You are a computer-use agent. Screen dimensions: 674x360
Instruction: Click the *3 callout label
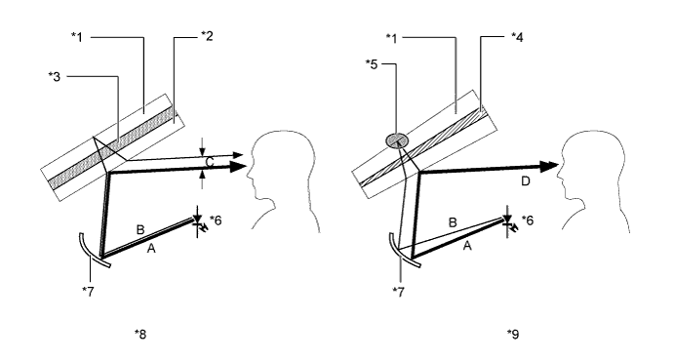click(55, 77)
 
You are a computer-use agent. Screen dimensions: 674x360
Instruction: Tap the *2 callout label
click(207, 36)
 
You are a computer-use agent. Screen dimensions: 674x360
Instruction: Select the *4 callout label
click(517, 37)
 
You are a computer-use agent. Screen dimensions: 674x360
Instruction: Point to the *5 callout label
click(372, 64)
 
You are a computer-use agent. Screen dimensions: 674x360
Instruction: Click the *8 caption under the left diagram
click(140, 334)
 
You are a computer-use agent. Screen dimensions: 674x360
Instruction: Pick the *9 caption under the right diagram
click(513, 334)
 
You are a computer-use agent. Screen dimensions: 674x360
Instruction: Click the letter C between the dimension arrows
click(210, 163)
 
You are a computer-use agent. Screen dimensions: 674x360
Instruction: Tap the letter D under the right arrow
click(526, 181)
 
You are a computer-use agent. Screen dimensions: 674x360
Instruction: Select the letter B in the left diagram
click(139, 229)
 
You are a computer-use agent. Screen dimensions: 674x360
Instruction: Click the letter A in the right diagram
click(467, 246)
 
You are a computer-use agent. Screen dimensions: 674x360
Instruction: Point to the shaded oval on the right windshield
click(396, 140)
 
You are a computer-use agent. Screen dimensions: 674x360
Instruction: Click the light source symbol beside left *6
click(199, 222)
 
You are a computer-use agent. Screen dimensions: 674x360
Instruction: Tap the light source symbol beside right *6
click(510, 222)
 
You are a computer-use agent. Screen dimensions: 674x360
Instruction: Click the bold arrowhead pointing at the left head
click(238, 167)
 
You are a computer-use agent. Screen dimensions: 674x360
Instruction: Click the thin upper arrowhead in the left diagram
click(238, 155)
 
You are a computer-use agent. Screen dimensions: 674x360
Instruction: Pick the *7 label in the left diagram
click(88, 291)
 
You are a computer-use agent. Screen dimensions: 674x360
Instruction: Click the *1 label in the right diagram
click(391, 37)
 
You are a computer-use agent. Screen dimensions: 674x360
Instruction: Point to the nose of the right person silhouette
click(558, 175)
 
